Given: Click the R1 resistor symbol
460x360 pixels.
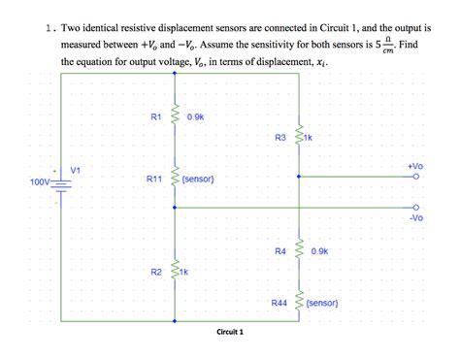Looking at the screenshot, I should click(x=175, y=117).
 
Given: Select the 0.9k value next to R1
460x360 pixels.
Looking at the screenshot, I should click(x=194, y=116).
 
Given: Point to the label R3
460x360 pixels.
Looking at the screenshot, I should click(x=281, y=138).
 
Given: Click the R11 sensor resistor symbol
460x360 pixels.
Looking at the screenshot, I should click(x=175, y=179).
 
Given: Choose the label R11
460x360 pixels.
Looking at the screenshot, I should click(x=156, y=180).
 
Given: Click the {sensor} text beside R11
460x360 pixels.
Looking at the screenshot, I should click(x=198, y=180).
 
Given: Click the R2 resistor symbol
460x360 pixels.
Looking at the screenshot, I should click(x=175, y=272).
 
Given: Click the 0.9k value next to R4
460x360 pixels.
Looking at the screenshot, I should click(x=321, y=251).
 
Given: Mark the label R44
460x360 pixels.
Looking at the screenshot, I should click(x=279, y=304).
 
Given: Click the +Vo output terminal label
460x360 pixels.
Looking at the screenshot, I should click(x=415, y=166).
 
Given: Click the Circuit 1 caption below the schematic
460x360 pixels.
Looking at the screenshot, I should click(x=230, y=332).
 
